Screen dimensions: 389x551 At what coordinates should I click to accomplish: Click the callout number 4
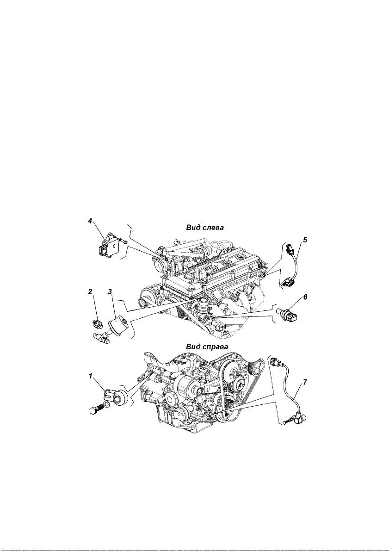coord(90,221)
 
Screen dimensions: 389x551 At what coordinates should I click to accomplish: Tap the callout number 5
coord(305,240)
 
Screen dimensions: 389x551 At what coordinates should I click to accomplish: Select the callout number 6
coord(305,297)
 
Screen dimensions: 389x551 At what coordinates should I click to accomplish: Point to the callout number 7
coord(305,382)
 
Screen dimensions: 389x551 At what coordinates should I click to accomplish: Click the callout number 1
coord(90,376)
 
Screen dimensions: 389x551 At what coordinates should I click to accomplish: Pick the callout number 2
coord(90,291)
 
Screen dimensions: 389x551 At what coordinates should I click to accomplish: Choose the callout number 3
coord(110,291)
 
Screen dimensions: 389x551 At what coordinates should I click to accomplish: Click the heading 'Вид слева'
coord(205,227)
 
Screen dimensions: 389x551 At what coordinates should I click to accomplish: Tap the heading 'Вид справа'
coord(207,347)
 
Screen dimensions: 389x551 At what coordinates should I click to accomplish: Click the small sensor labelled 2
coord(96,323)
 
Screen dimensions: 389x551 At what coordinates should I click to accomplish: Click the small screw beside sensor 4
coord(123,241)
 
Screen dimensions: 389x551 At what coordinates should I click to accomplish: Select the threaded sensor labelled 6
coord(287,313)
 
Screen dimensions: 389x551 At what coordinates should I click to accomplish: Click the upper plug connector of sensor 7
coord(276,362)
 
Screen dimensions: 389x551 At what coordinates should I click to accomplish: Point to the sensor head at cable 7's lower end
coord(299,419)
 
